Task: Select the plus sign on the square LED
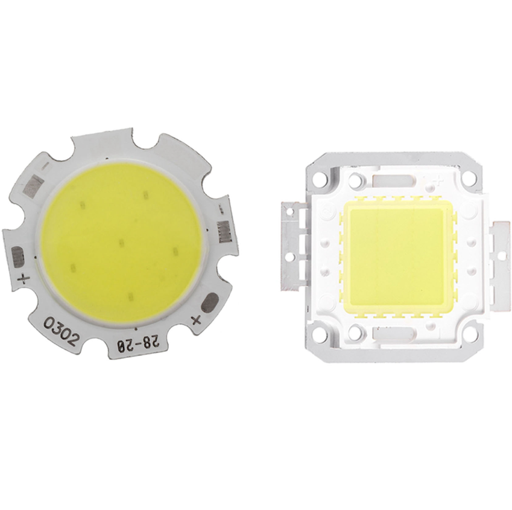pos(439,179)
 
